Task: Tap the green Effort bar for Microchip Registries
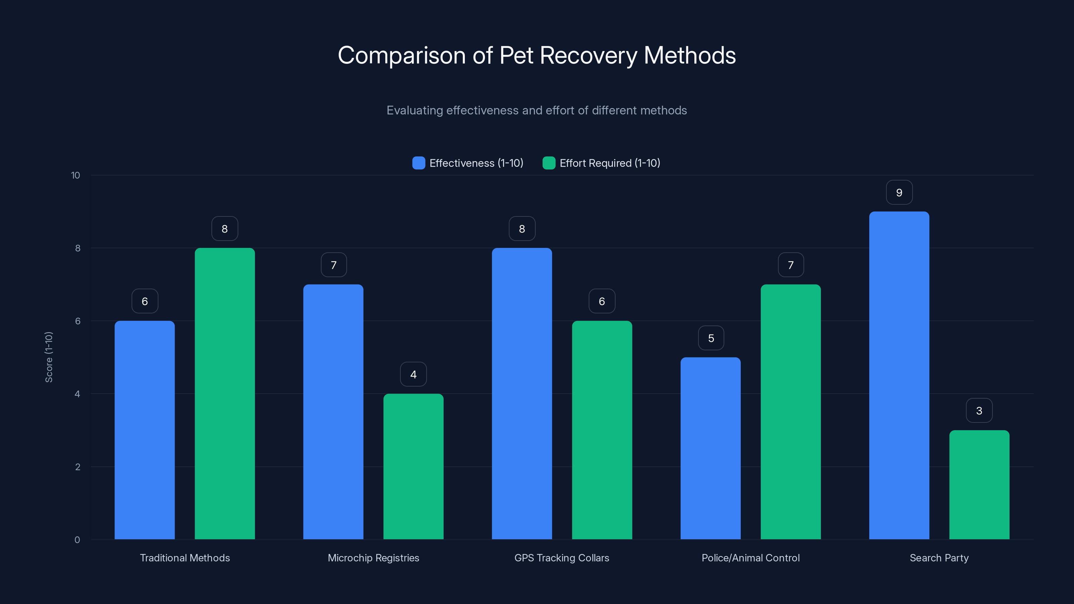pos(413,466)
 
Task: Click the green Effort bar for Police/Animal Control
pos(790,411)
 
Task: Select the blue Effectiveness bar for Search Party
pos(899,375)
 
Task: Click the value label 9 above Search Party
pos(899,193)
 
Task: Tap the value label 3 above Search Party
pos(979,411)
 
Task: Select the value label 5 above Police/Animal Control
pos(711,338)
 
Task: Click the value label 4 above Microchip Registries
pos(413,374)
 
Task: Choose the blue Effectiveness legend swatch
pos(419,163)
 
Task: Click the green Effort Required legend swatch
pos(549,163)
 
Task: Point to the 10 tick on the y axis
pos(76,175)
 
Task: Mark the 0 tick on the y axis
pos(77,540)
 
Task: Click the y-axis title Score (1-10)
pos(49,357)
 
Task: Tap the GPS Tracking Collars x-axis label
pos(562,558)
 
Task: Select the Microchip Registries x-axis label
pos(373,558)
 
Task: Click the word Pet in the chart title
pos(516,55)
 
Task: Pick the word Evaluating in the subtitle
pos(414,110)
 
